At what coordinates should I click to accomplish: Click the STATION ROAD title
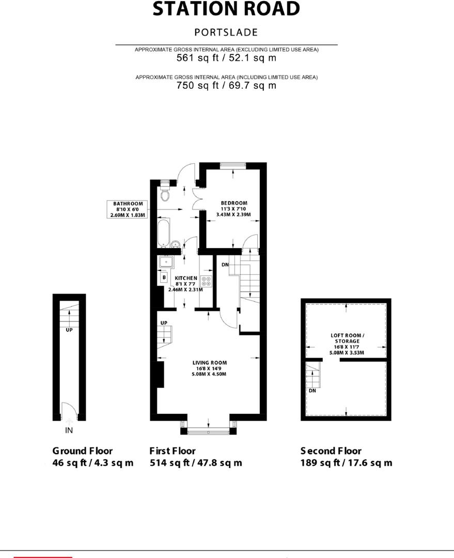[x=226, y=9]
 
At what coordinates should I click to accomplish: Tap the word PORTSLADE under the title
[x=226, y=32]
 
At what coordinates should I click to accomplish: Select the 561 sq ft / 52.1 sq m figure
[x=226, y=58]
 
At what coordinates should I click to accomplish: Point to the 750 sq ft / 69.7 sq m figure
[x=226, y=85]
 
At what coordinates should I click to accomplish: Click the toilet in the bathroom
[x=165, y=194]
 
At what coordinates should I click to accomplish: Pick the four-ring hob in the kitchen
[x=207, y=282]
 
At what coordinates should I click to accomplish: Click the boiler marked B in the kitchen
[x=164, y=277]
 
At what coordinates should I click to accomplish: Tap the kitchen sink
[x=166, y=262]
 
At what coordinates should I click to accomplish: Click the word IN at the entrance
[x=69, y=430]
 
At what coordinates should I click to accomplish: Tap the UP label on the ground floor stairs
[x=69, y=329]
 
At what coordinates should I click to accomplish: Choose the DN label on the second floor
[x=312, y=391]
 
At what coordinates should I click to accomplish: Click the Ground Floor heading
[x=83, y=451]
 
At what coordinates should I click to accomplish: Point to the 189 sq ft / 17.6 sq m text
[x=346, y=463]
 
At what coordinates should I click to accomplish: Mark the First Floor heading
[x=173, y=451]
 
